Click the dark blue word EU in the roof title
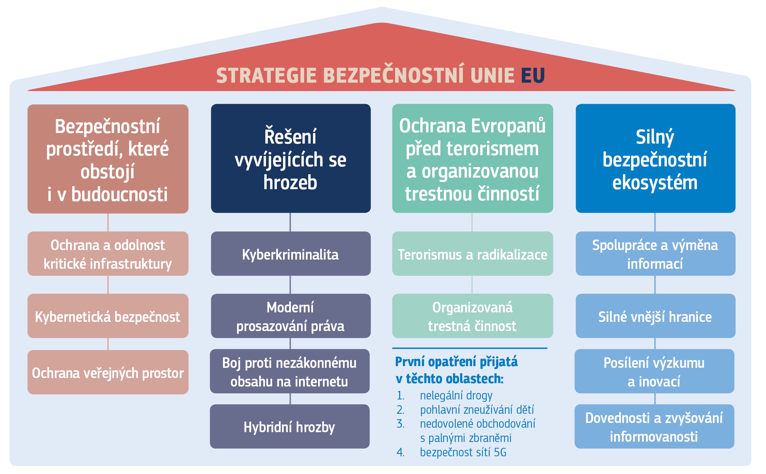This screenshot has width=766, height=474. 533,76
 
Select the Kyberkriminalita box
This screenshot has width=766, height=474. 291,254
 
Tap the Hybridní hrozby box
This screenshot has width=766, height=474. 290,426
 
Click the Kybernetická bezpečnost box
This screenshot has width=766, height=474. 108,316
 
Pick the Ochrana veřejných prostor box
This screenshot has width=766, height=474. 108,372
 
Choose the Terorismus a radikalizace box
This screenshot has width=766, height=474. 472,254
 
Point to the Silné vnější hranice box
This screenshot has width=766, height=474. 655,316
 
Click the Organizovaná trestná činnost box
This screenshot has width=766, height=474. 472,316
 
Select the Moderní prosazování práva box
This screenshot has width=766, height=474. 291,316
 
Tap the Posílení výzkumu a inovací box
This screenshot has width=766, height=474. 654,371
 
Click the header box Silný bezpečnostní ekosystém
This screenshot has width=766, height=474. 655,158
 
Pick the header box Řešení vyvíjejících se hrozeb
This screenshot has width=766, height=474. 291,158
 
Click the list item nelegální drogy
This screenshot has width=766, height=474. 456,396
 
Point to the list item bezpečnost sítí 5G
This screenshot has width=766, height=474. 463,452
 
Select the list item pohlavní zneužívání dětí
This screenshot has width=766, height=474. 477,410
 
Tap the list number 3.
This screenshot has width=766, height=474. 400,424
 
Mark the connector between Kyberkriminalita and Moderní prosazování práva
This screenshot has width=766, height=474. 290,285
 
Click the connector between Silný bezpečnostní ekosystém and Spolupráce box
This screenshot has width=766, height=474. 655,222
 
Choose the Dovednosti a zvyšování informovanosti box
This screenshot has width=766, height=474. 654,426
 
